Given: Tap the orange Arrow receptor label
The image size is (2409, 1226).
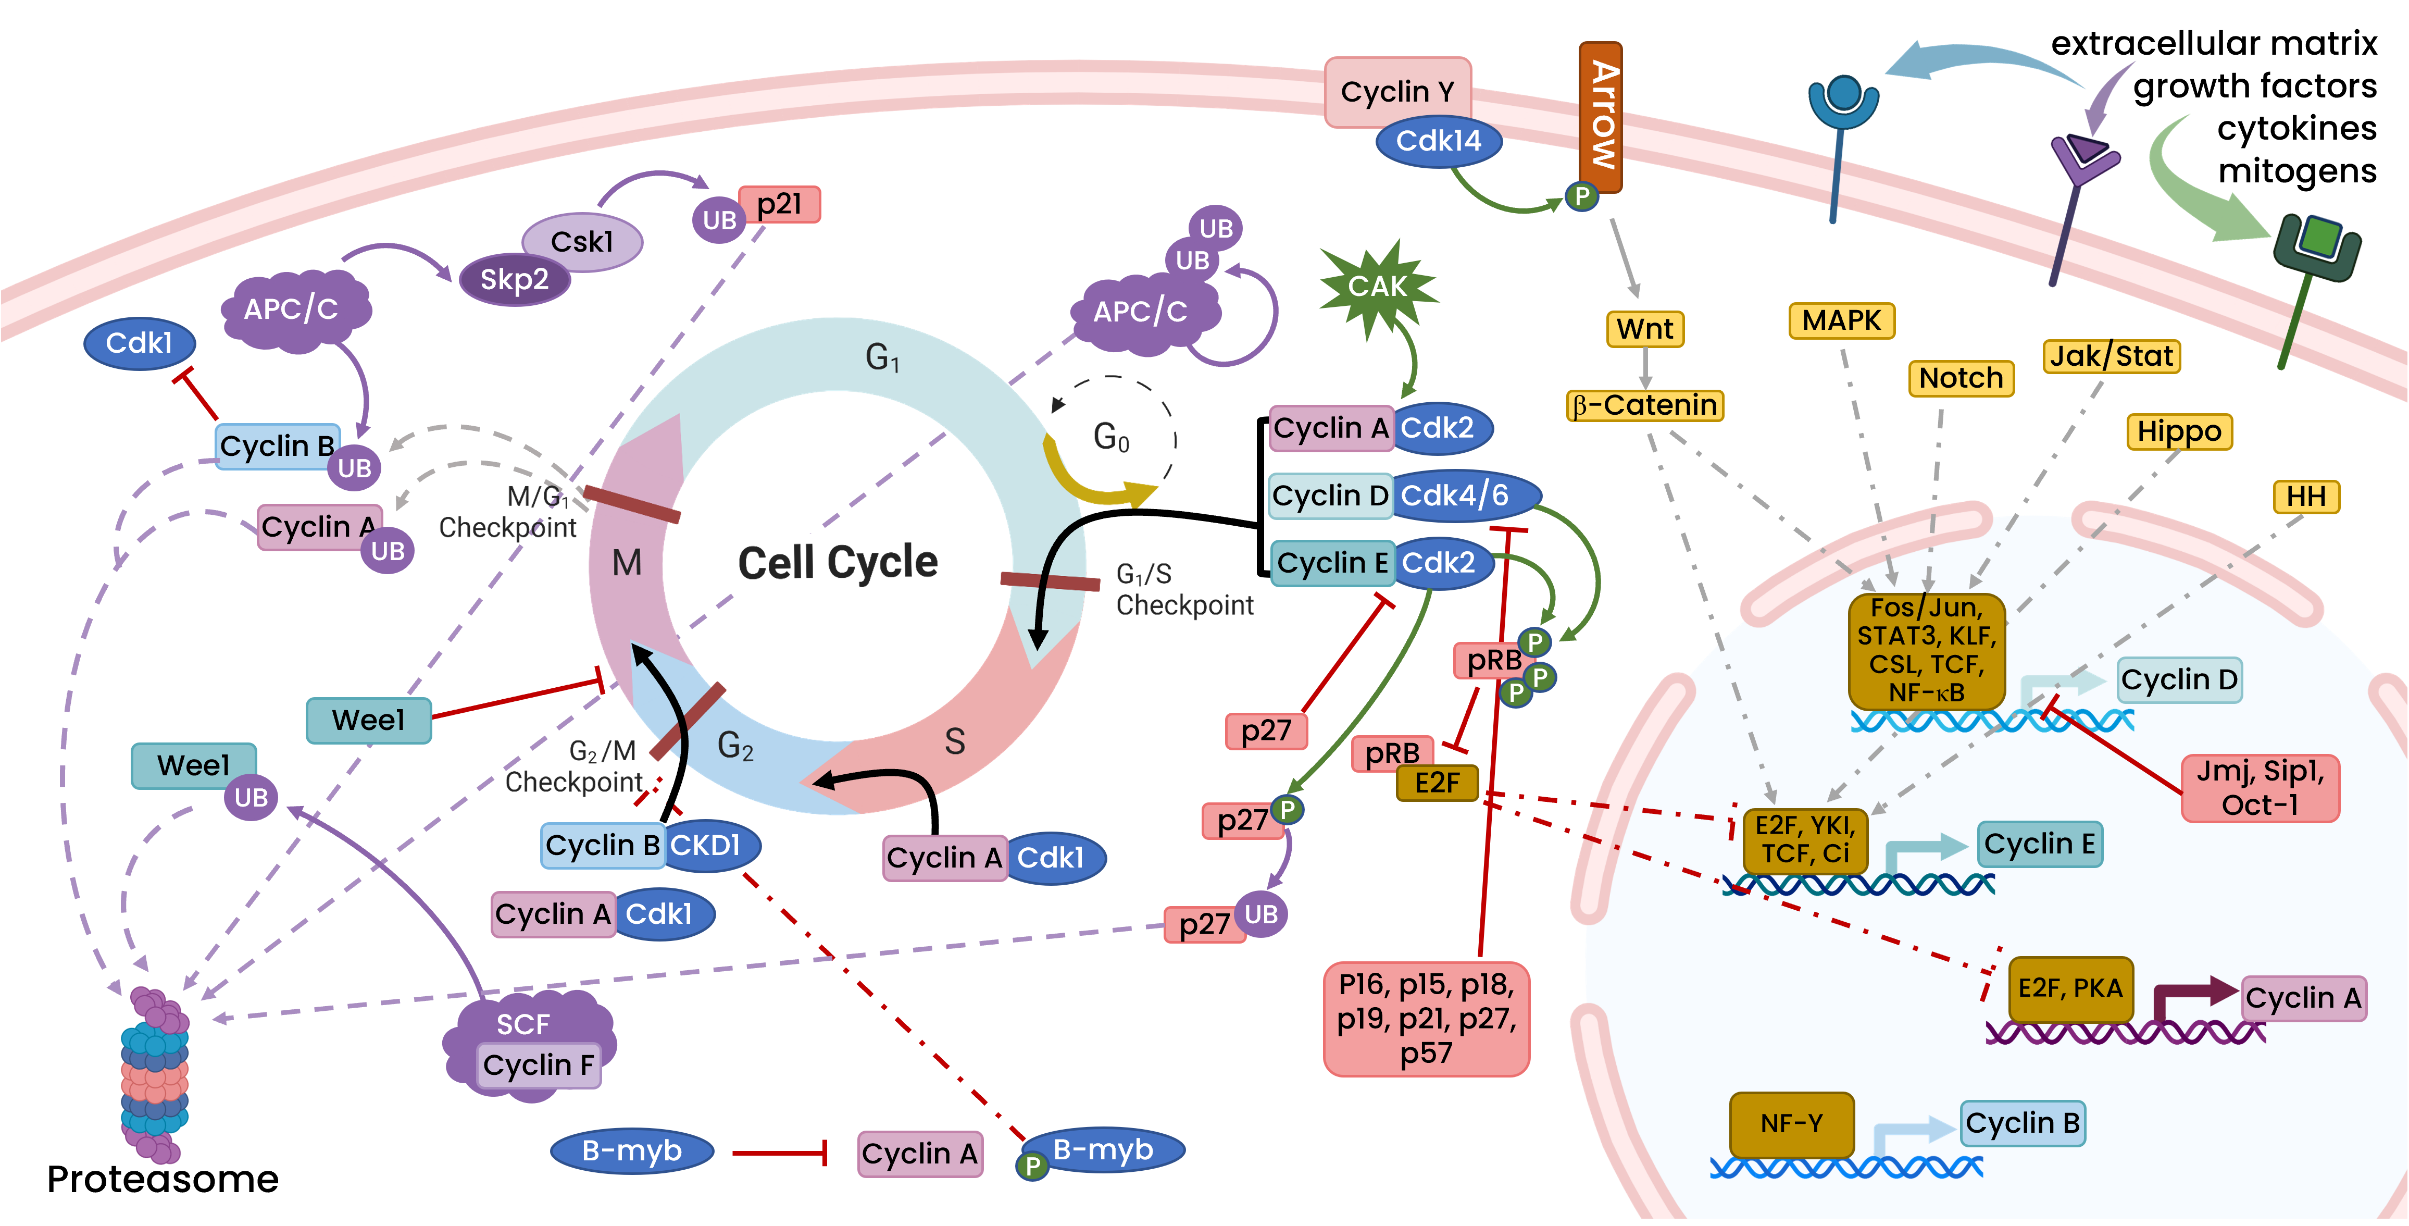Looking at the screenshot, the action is tap(1600, 116).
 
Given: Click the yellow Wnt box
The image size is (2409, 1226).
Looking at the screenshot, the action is tap(1645, 329).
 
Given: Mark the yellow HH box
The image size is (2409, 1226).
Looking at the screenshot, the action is tap(2306, 497).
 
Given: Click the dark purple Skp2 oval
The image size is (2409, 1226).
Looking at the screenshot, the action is tap(514, 280).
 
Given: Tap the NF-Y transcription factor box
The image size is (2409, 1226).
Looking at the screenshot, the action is tap(1792, 1124).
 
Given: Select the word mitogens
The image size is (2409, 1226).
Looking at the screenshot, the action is tap(2297, 171).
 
